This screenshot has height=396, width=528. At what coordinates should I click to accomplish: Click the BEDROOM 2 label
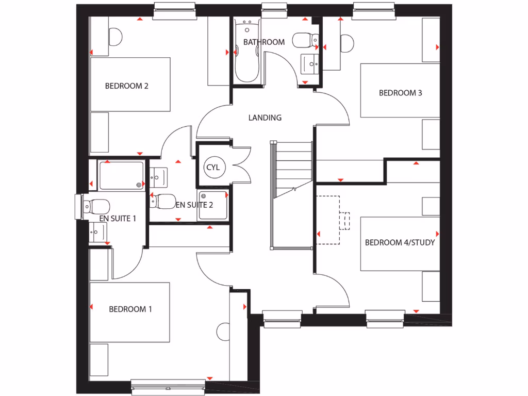pyautogui.click(x=127, y=86)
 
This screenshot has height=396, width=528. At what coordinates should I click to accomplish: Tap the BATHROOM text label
pyautogui.click(x=264, y=42)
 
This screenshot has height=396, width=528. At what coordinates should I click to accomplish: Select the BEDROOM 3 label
pyautogui.click(x=401, y=93)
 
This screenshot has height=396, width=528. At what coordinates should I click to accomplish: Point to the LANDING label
pyautogui.click(x=265, y=118)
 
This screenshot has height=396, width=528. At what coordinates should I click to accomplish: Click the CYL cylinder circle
pyautogui.click(x=213, y=168)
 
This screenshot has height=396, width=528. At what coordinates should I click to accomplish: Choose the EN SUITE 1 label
pyautogui.click(x=118, y=218)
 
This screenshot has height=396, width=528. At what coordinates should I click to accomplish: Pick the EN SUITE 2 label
pyautogui.click(x=194, y=205)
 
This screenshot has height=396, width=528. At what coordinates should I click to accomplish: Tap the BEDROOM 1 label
pyautogui.click(x=130, y=309)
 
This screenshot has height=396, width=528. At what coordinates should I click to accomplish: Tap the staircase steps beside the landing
pyautogui.click(x=292, y=165)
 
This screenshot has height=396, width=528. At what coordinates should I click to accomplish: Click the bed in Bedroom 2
pyautogui.click(x=130, y=85)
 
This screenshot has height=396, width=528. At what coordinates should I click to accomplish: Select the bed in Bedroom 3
pyautogui.click(x=400, y=91)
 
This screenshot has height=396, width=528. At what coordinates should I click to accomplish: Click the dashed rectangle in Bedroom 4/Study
pyautogui.click(x=328, y=220)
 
